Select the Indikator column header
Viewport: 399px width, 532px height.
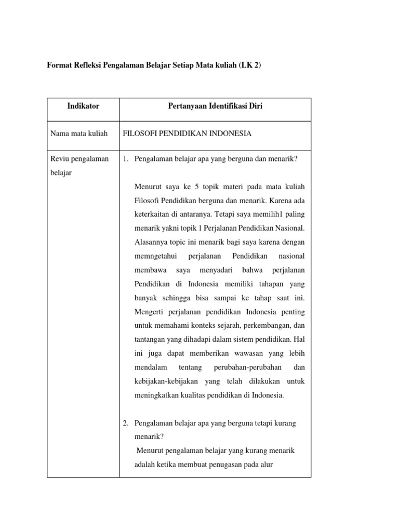tap(83, 106)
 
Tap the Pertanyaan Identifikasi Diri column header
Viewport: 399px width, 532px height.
tap(215, 106)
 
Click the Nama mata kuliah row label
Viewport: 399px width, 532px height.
tap(79, 134)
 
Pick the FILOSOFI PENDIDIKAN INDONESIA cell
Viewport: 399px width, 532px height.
tap(187, 134)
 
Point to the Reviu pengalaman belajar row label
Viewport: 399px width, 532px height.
tap(79, 166)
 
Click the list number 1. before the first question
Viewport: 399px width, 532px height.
tap(126, 159)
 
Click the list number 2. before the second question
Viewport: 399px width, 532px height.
tap(126, 423)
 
